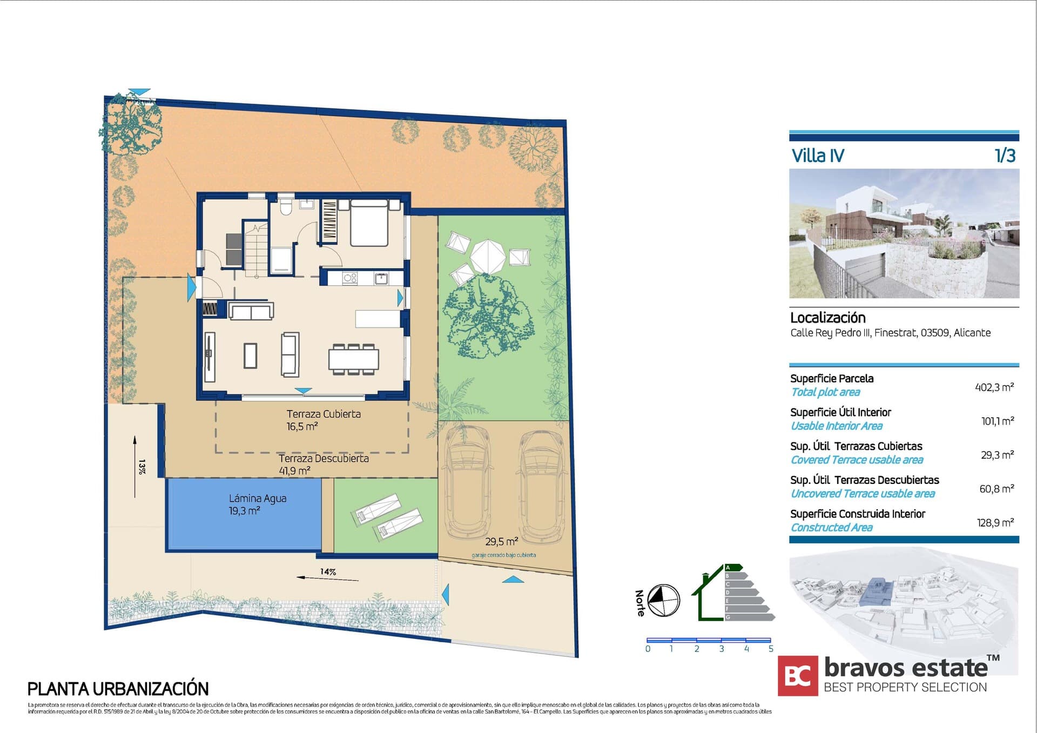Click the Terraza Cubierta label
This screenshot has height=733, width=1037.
click(323, 414)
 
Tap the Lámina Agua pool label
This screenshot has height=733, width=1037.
click(257, 499)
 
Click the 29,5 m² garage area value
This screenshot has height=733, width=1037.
click(501, 541)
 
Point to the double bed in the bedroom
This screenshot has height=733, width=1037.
click(369, 223)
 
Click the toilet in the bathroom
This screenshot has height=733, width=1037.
click(286, 206)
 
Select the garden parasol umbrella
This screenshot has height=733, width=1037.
click(488, 257)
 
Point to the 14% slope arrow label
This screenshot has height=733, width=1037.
click(328, 571)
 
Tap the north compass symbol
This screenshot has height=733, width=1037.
click(663, 600)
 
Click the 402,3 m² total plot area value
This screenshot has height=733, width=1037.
click(994, 387)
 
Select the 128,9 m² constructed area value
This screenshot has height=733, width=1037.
click(995, 523)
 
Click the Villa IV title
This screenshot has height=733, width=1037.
click(818, 156)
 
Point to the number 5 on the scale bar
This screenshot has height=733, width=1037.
click(771, 649)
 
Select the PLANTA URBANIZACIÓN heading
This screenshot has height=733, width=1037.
click(118, 689)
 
